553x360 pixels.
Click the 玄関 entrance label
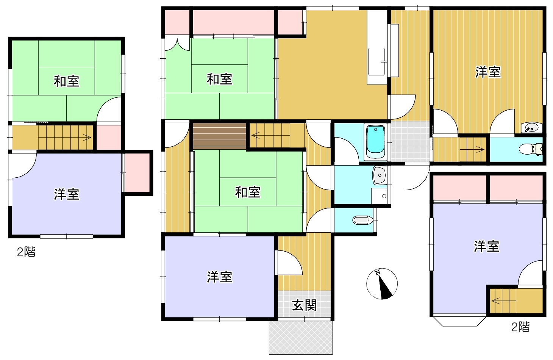tap(305, 306)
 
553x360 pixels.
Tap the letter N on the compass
tap(377, 272)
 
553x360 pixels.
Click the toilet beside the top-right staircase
tap(531, 149)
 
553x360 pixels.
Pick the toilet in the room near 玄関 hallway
tap(362, 220)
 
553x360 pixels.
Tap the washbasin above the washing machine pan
tap(380, 175)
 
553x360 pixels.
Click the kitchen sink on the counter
tap(377, 61)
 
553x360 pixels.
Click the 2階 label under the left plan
tap(26, 252)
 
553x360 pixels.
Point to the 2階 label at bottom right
tap(520, 327)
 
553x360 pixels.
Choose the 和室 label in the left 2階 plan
tap(66, 81)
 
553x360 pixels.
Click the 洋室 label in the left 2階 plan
tap(67, 194)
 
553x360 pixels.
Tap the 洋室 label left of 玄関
tap(219, 277)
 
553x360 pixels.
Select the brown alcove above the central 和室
tap(219, 136)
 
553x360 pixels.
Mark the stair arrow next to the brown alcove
tap(270, 135)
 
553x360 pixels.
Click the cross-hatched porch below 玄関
tap(301, 338)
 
